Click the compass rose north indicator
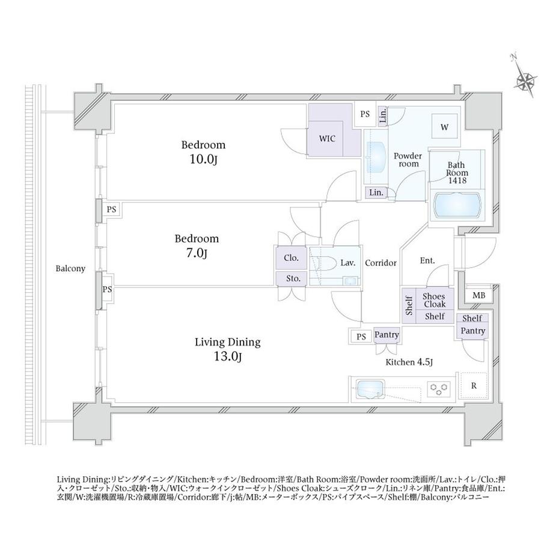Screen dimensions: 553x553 tap(525, 80)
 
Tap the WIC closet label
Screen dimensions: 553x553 tap(327, 139)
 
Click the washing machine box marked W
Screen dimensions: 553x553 tap(444, 127)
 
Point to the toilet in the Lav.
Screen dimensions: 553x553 tap(324, 263)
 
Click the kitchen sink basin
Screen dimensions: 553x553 tap(370, 389)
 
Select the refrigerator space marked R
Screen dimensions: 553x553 tap(474, 385)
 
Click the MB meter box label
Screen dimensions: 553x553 tap(478, 296)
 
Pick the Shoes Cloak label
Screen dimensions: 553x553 tap(434, 300)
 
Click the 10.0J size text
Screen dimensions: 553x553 tap(203, 160)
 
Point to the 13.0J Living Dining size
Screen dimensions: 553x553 tap(227, 357)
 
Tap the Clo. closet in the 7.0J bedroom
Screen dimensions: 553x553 tap(291, 258)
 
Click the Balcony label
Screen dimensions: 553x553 tap(70, 269)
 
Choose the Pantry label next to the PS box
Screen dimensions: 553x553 tap(386, 334)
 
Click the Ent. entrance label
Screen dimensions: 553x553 tap(427, 261)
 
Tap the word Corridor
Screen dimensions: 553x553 tap(380, 263)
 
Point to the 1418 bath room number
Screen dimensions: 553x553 tap(457, 180)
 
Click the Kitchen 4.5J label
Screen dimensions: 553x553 tap(409, 362)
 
